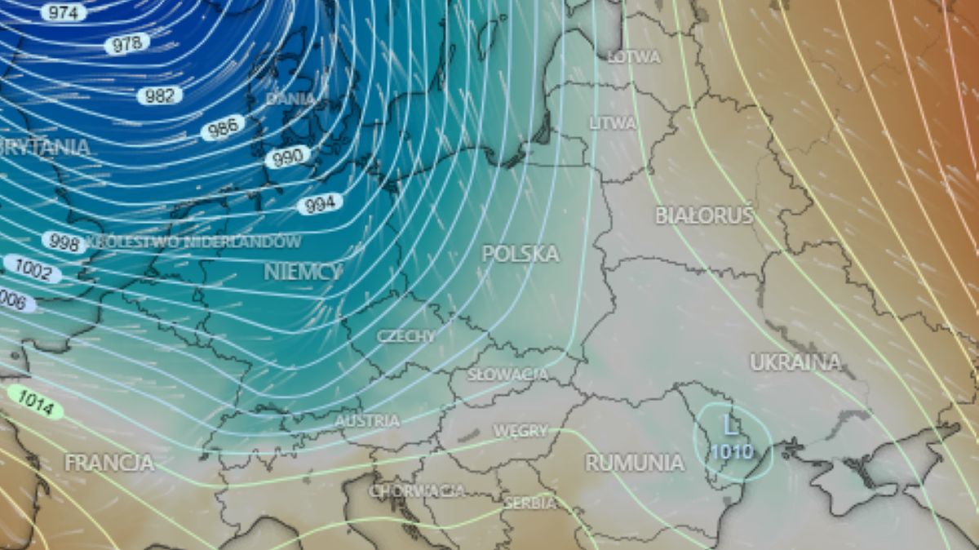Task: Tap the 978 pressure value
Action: (126, 44)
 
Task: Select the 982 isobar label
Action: (159, 95)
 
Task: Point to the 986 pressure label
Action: (223, 127)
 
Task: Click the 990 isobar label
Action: (287, 157)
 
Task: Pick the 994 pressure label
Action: (319, 204)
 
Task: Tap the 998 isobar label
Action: (63, 242)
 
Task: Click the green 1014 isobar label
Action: (36, 401)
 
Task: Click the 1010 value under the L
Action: (731, 451)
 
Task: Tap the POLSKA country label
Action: (521, 254)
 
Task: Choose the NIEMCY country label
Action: (303, 272)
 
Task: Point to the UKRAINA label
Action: (795, 362)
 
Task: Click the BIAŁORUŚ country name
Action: (705, 215)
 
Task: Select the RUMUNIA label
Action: (635, 463)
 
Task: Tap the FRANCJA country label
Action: (109, 463)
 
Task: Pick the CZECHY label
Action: (406, 335)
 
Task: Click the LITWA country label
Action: (613, 123)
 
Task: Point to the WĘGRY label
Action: (519, 431)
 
